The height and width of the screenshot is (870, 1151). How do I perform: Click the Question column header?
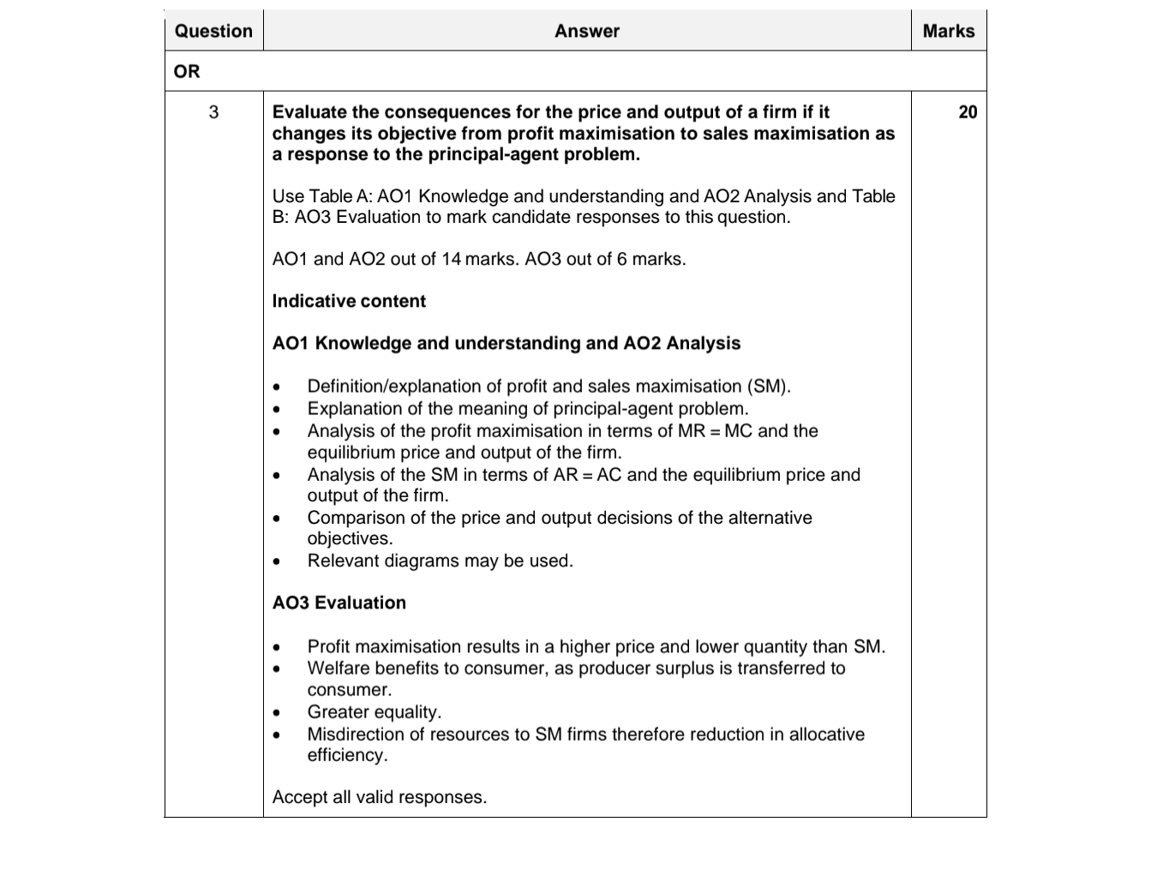tap(213, 31)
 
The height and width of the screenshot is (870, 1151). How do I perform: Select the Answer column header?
tap(586, 31)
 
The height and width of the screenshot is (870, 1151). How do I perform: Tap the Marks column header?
tap(948, 31)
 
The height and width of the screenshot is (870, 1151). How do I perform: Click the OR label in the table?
tap(187, 71)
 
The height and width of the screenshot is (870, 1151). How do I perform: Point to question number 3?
tap(213, 112)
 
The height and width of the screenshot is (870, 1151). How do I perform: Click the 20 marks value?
tap(968, 112)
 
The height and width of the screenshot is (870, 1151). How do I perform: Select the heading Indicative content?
tap(349, 301)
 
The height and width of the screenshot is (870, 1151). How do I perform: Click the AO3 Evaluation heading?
tap(339, 603)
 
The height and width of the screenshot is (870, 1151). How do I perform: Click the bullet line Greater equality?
tap(375, 711)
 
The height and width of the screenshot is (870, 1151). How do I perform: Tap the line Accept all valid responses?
tap(379, 797)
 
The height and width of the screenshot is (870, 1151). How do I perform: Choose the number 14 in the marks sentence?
tap(451, 259)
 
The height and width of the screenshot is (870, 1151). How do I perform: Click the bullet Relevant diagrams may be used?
tap(440, 561)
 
